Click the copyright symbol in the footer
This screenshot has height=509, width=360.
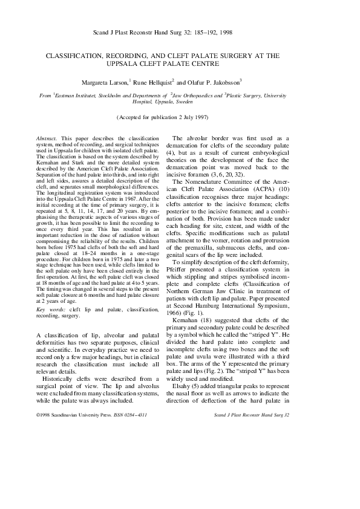pos(39,399)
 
